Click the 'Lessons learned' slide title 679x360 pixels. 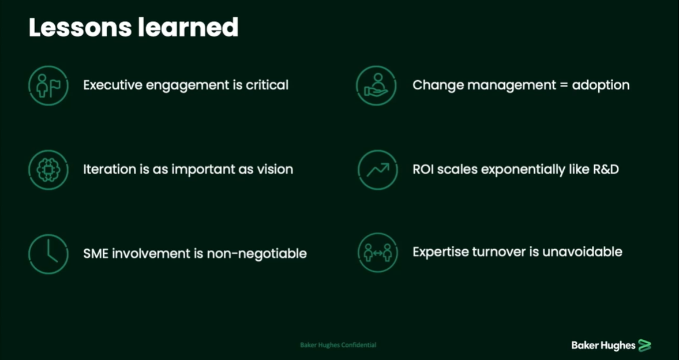(x=133, y=28)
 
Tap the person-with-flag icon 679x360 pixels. (x=48, y=85)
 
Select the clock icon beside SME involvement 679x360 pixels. (x=48, y=254)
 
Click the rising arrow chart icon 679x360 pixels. (x=378, y=170)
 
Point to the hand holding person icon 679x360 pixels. (x=376, y=85)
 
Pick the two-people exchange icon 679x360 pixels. (x=378, y=253)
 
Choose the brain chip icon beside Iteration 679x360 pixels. (x=48, y=170)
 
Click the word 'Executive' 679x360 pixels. (x=112, y=85)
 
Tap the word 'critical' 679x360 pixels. (x=267, y=85)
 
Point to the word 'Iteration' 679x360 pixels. (x=108, y=170)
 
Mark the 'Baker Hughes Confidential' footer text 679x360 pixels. (x=338, y=345)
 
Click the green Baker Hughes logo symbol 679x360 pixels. (x=645, y=345)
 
